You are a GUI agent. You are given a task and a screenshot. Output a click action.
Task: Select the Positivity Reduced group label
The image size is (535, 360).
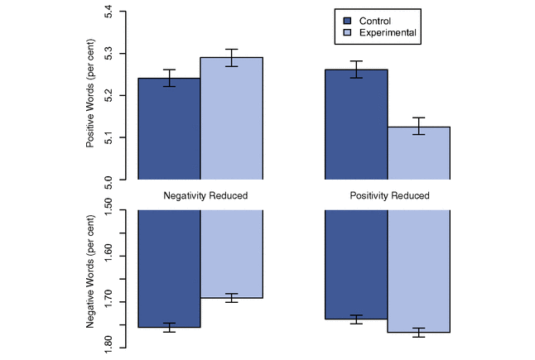click(x=389, y=196)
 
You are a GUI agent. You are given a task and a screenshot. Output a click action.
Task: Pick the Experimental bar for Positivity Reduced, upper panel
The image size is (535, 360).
click(x=419, y=153)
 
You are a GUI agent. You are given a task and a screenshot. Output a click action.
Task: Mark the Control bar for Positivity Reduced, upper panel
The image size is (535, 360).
click(x=356, y=124)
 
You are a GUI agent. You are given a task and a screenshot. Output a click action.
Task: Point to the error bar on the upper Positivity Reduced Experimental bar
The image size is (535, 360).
click(x=419, y=126)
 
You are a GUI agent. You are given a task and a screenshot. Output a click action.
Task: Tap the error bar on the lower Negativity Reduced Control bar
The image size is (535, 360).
click(x=169, y=328)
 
